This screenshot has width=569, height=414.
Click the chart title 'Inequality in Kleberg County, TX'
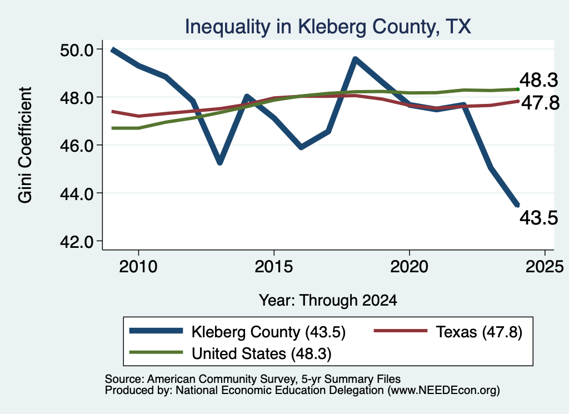[x=328, y=27]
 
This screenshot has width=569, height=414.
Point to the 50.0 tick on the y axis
[x=77, y=49]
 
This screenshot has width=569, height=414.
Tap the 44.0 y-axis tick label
[x=77, y=194]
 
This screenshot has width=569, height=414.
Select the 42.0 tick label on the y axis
[x=77, y=242]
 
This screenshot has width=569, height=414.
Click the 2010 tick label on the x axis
[x=138, y=267]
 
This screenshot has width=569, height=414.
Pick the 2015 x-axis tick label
[x=273, y=267]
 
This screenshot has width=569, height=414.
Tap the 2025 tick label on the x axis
[x=545, y=267]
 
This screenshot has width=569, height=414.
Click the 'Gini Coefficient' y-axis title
[x=25, y=145]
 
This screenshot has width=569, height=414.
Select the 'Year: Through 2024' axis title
[x=328, y=301]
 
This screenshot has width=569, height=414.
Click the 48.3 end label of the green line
[x=538, y=80]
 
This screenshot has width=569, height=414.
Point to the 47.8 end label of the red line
[x=540, y=103]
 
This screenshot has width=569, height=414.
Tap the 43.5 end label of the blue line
[x=538, y=218]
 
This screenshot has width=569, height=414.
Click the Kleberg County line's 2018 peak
[x=355, y=59]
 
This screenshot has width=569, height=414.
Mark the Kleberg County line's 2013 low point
[x=220, y=163]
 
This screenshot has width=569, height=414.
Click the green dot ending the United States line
[x=518, y=89]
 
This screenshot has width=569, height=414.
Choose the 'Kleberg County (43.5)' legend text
[x=268, y=332]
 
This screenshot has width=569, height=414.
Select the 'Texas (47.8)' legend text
[x=479, y=332]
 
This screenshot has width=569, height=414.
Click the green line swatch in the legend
[x=156, y=352]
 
